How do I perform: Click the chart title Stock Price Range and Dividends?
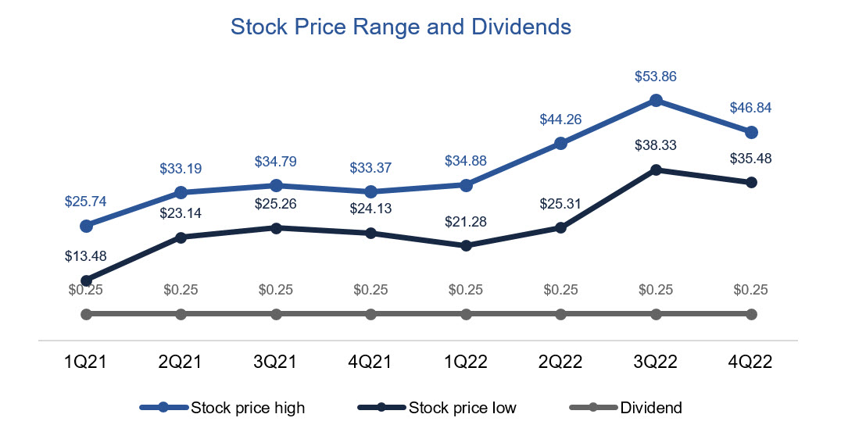point(401,27)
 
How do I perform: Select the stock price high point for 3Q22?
point(657,100)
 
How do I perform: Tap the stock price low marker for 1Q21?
point(86,280)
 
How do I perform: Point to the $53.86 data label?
point(656,77)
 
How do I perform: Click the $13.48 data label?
point(86,257)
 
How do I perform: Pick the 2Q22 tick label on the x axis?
point(560,362)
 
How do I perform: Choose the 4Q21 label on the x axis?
point(370,362)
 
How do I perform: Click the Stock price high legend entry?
point(222,407)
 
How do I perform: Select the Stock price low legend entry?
point(437,407)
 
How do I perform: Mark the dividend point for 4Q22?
point(751,314)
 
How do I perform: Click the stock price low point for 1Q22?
point(466,245)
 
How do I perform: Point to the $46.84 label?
point(750,108)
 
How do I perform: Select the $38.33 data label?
point(656,145)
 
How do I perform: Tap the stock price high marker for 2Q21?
point(181,192)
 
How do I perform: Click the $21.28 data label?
point(465,222)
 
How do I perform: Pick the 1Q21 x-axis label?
point(86,362)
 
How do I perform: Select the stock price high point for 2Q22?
point(560,143)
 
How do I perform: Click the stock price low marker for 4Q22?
point(751,182)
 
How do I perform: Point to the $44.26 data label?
point(560,120)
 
